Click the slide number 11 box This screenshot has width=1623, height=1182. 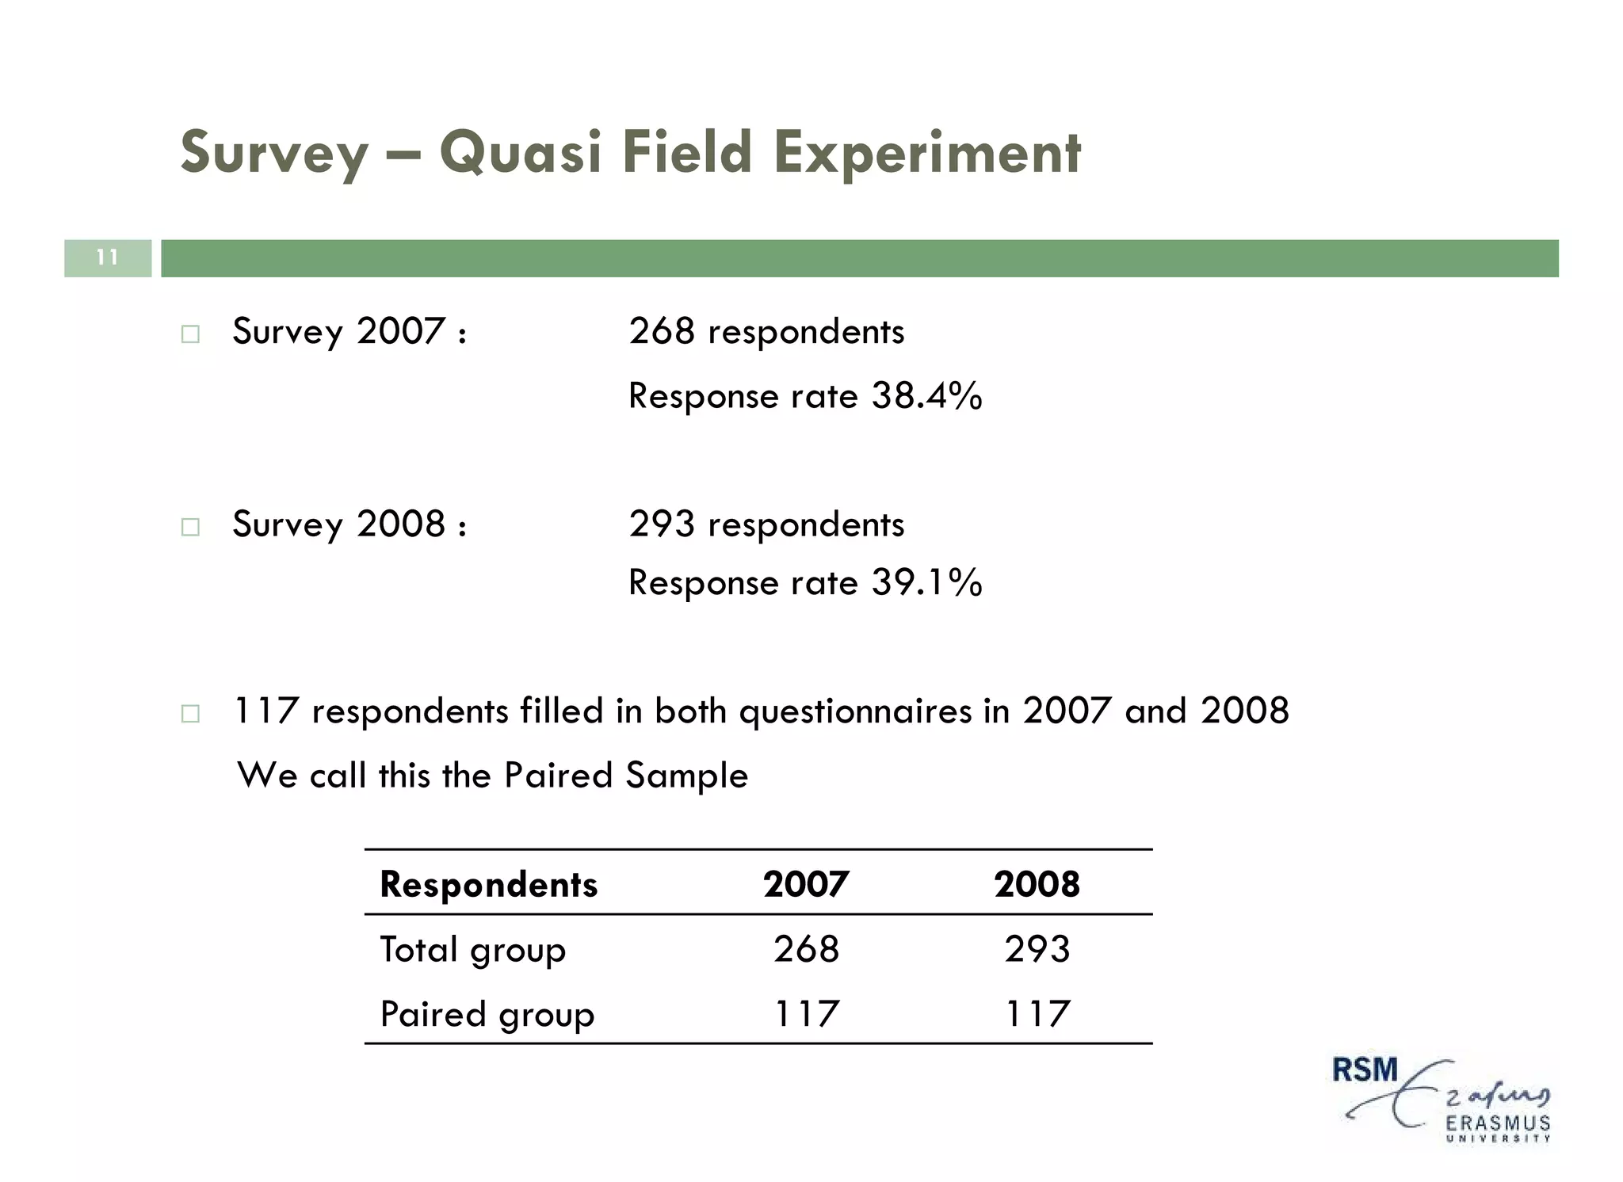(x=108, y=258)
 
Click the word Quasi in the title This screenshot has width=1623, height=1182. (x=521, y=152)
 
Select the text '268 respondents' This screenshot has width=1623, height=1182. (x=766, y=331)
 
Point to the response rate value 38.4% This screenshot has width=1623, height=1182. (x=926, y=395)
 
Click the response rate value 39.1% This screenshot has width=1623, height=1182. (x=926, y=582)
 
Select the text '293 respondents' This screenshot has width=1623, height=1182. (x=766, y=524)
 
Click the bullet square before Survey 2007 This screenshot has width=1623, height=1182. (x=190, y=334)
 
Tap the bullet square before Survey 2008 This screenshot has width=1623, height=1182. (x=190, y=527)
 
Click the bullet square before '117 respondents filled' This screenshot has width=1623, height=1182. (x=190, y=714)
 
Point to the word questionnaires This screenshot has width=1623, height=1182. (x=855, y=711)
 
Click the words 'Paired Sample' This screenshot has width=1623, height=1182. (x=625, y=775)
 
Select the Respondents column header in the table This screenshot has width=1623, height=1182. (x=488, y=884)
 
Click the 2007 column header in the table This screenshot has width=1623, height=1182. (x=806, y=884)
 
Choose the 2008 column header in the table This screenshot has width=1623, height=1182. (x=1037, y=884)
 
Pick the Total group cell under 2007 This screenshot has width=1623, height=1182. (x=806, y=949)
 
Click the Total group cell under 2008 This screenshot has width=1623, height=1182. (x=1037, y=949)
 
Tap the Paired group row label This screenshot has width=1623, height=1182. (x=487, y=1014)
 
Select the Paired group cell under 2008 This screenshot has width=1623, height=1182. (x=1037, y=1014)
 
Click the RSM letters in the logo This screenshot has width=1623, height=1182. (x=1365, y=1070)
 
